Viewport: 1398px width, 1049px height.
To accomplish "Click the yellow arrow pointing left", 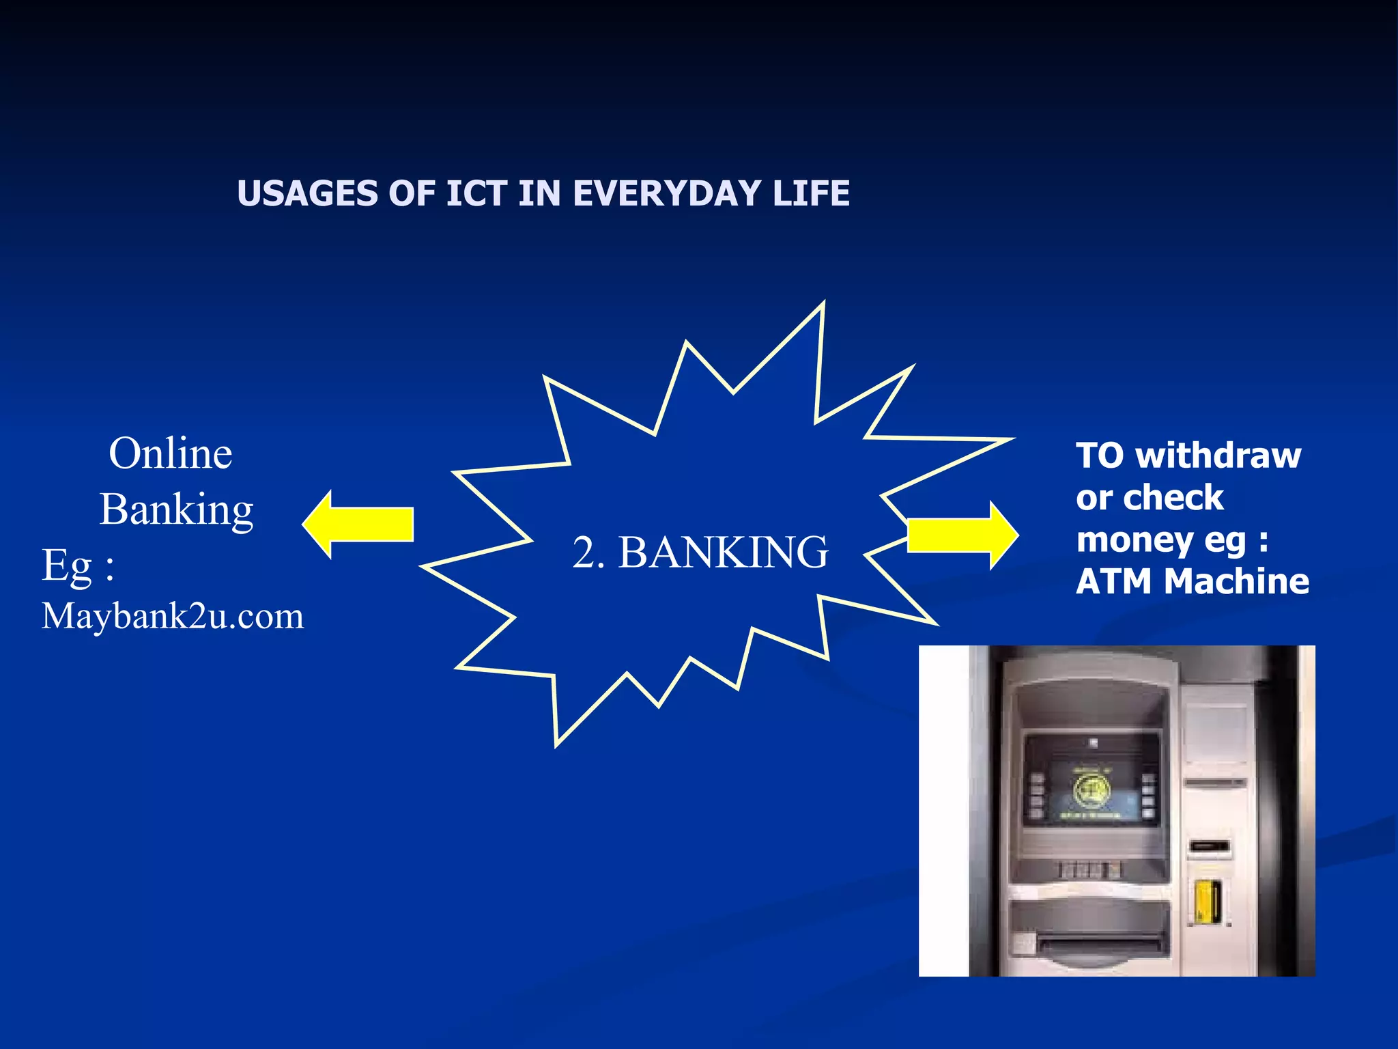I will [x=358, y=524].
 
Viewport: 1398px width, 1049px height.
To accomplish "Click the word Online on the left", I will [x=171, y=453].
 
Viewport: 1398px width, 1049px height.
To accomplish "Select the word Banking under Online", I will [x=177, y=510].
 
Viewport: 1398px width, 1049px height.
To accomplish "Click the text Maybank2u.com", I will [x=173, y=616].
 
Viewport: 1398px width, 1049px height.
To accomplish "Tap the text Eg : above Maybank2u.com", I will [x=78, y=565].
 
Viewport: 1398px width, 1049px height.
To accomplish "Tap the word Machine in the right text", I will [x=1236, y=582].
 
